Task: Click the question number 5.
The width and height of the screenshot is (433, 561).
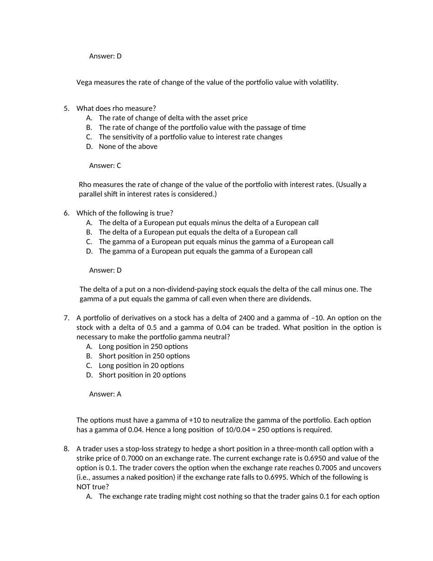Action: pyautogui.click(x=67, y=109)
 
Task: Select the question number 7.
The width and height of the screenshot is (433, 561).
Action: pyautogui.click(x=67, y=318)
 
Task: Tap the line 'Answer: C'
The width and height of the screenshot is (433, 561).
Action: pyautogui.click(x=105, y=166)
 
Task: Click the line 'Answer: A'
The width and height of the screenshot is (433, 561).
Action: pyautogui.click(x=105, y=394)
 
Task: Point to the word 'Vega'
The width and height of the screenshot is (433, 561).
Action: pyautogui.click(x=84, y=83)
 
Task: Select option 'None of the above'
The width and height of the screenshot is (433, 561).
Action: pyautogui.click(x=128, y=146)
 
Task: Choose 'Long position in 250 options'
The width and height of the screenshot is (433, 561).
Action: pyautogui.click(x=143, y=347)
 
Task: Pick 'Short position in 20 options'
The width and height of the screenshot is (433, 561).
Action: pyautogui.click(x=142, y=375)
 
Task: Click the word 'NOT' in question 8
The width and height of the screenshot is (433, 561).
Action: pyautogui.click(x=84, y=487)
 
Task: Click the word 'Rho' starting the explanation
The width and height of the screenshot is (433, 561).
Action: pyautogui.click(x=85, y=185)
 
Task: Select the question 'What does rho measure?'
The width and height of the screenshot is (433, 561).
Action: pyautogui.click(x=116, y=109)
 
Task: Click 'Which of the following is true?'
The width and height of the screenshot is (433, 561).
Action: pyautogui.click(x=125, y=213)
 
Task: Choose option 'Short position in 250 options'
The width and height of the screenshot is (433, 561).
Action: pyautogui.click(x=144, y=356)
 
